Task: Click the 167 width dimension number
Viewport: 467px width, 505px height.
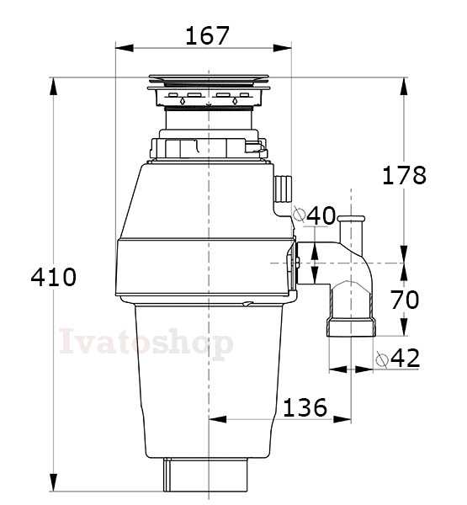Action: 207,35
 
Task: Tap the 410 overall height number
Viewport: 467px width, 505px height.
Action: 54,277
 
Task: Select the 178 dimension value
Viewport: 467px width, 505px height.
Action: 404,175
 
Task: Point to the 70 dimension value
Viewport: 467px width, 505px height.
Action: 405,299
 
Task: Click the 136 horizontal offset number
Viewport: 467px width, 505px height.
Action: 305,407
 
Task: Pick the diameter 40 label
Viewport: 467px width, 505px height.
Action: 315,215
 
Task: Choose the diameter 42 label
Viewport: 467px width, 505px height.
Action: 398,358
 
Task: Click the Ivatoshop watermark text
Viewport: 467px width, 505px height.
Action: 146,342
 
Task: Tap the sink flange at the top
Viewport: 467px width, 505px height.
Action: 209,82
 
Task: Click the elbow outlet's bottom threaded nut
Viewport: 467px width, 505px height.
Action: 352,327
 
